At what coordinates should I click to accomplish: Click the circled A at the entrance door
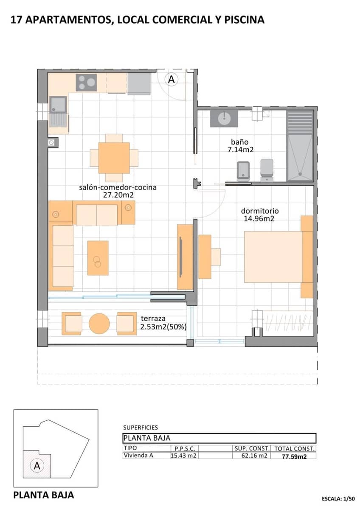172,79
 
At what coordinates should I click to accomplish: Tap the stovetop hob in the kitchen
86,82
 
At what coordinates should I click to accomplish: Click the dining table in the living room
114,158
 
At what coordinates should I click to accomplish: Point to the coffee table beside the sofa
98,258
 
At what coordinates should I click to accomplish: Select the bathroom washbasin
224,119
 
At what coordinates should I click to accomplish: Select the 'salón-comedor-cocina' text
118,187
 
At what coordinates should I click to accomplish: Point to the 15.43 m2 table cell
184,456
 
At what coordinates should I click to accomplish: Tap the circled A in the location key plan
37,466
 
